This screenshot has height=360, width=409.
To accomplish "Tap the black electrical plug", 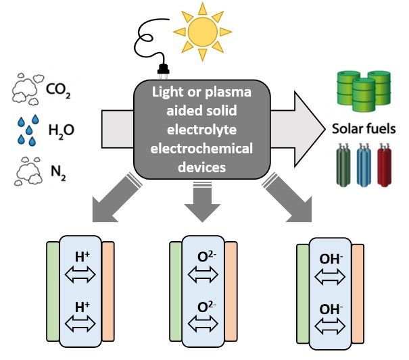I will coord(162,69).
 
